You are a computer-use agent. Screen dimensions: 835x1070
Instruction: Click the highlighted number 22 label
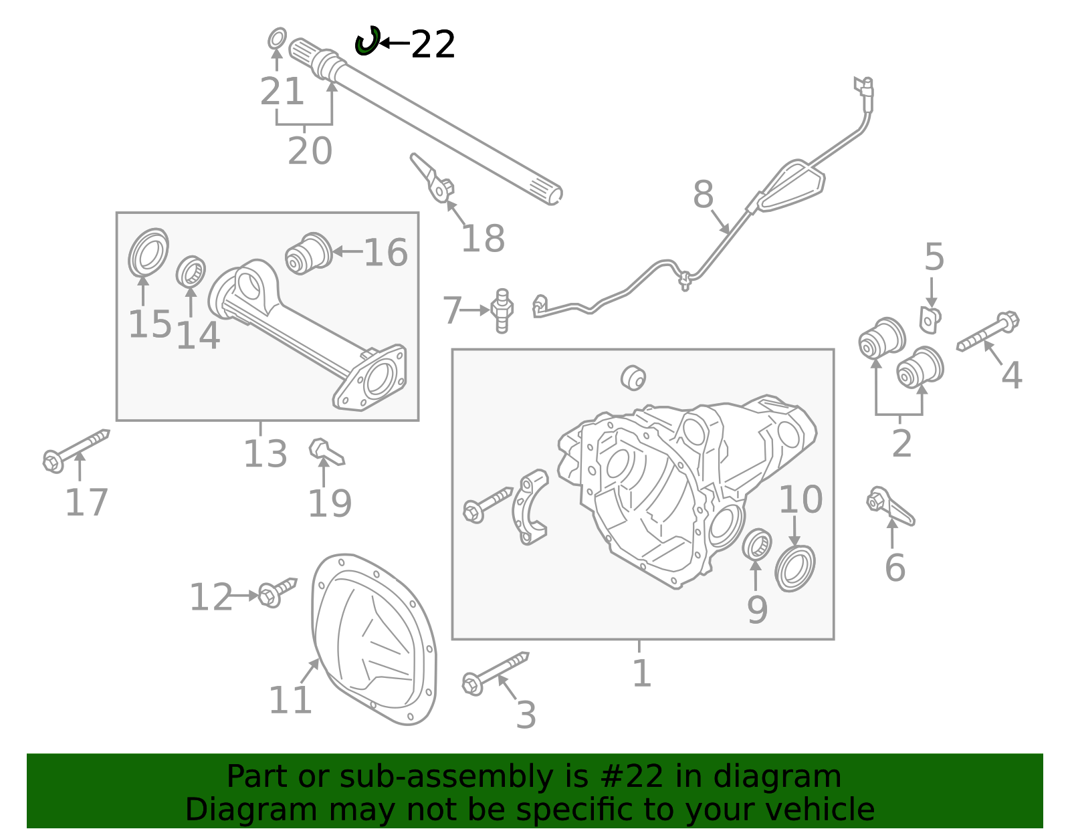(x=433, y=45)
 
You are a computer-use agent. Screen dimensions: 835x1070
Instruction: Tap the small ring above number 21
(x=277, y=39)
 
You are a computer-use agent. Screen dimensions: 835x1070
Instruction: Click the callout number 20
(x=310, y=151)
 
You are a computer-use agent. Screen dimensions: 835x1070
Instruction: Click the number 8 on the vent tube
(x=703, y=195)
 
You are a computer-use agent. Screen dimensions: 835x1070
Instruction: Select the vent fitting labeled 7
(x=502, y=310)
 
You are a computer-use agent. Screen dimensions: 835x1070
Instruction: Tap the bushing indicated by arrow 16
(x=308, y=253)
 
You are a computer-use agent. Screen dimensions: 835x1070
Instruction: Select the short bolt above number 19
(x=326, y=453)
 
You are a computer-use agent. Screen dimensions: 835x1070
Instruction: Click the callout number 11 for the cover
(x=290, y=700)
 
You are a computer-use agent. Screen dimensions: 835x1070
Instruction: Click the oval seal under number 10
(x=795, y=568)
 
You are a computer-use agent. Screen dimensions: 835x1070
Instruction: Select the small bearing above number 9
(x=757, y=544)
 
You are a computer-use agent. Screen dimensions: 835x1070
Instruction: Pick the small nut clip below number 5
(x=930, y=319)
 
